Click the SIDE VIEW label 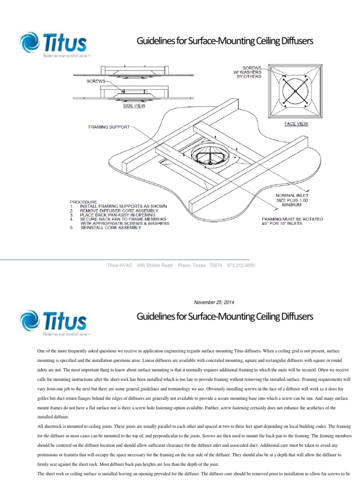[x=134, y=106]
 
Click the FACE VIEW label [x=296, y=124]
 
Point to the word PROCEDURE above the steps [x=83, y=202]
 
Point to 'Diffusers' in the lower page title [x=297, y=317]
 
